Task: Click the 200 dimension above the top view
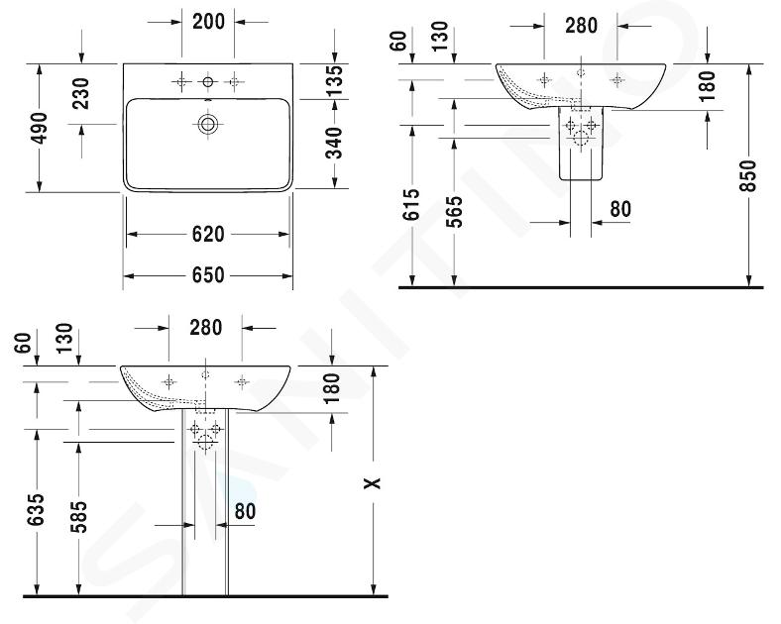[x=208, y=22]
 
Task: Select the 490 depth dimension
[x=40, y=128]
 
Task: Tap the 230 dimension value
[x=80, y=93]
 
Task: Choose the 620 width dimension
[x=208, y=234]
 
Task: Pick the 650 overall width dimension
[x=208, y=275]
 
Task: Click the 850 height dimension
[x=748, y=175]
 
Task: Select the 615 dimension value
[x=412, y=204]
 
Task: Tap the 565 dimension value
[x=454, y=212]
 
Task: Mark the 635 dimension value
[x=37, y=509]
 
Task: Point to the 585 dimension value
[x=78, y=517]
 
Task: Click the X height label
[x=372, y=482]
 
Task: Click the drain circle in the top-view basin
[x=208, y=124]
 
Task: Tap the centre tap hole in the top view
[x=208, y=81]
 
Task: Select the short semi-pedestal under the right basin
[x=581, y=144]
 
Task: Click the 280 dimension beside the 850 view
[x=581, y=26]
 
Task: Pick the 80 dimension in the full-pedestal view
[x=245, y=511]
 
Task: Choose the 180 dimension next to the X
[x=331, y=388]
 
